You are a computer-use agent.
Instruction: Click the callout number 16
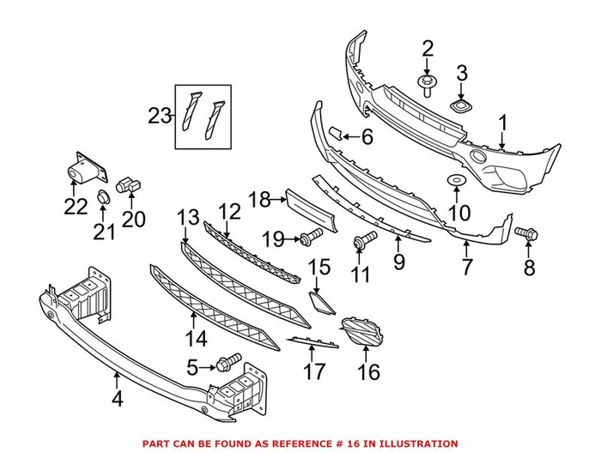368,372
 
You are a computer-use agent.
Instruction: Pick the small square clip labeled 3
463,106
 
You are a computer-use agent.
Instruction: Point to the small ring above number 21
104,196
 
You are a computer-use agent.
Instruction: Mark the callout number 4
116,396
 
